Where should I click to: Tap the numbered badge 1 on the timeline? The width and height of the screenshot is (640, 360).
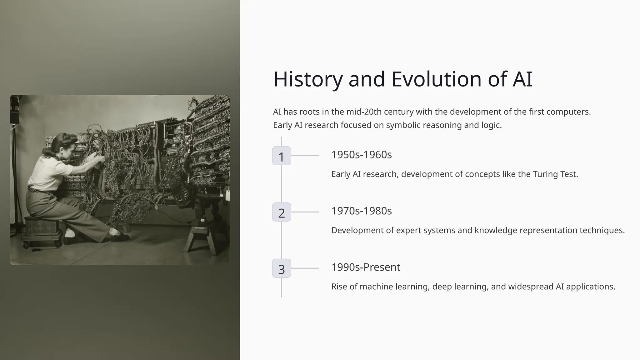tap(282, 156)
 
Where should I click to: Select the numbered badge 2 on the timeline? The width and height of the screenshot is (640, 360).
tap(282, 212)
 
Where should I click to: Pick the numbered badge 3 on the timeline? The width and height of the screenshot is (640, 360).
tap(282, 268)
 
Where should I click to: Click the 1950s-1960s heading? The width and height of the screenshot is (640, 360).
tap(361, 155)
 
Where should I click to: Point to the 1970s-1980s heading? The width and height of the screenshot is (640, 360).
tap(361, 211)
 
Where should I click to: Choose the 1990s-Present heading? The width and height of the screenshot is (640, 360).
tap(366, 267)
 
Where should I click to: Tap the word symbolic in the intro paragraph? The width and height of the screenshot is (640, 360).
tap(403, 125)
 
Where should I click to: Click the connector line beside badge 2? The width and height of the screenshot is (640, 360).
tap(305, 212)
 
